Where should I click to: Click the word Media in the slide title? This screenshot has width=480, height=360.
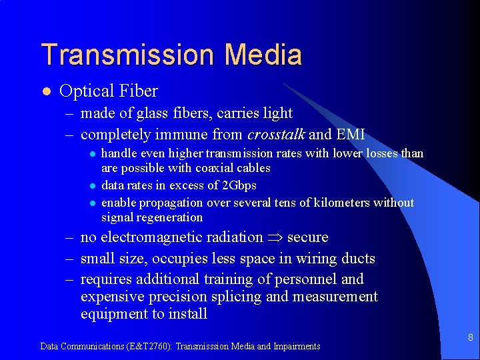coord(270,55)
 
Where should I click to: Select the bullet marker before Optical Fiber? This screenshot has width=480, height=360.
coord(45,91)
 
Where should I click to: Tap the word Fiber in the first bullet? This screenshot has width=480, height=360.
coord(137,91)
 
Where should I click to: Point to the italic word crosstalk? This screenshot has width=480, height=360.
coord(276,134)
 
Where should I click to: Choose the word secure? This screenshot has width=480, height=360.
coord(307,237)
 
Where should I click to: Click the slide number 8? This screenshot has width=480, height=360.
coord(470,338)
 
